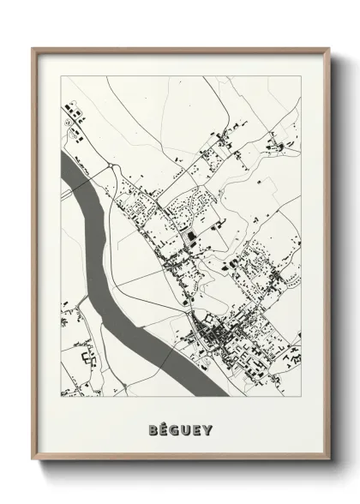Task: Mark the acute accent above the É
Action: [164, 419]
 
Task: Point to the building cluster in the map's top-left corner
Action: [72, 112]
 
